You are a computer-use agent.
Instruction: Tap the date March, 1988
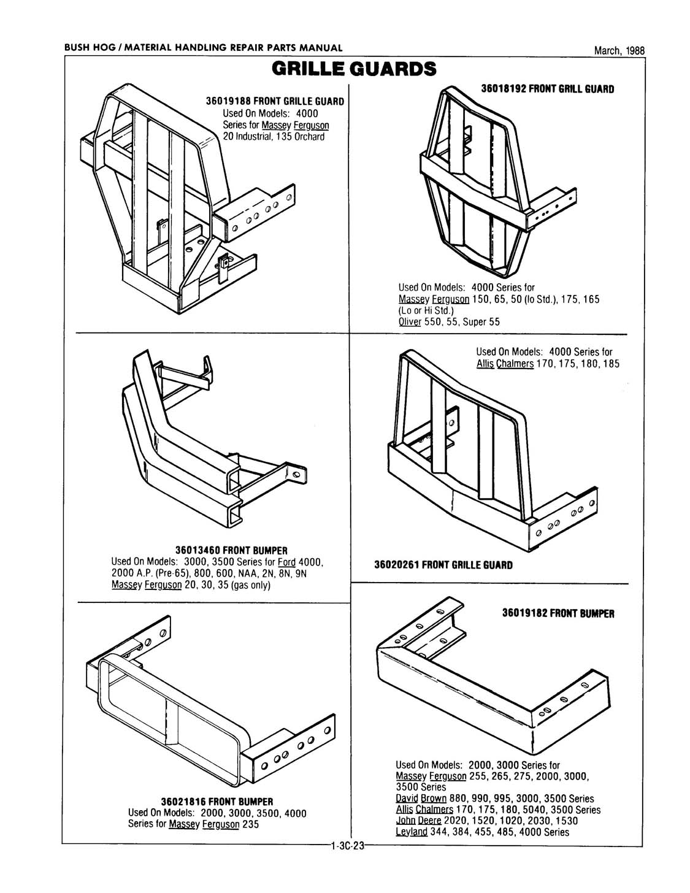coord(619,52)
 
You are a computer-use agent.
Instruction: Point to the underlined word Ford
coord(287,562)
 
